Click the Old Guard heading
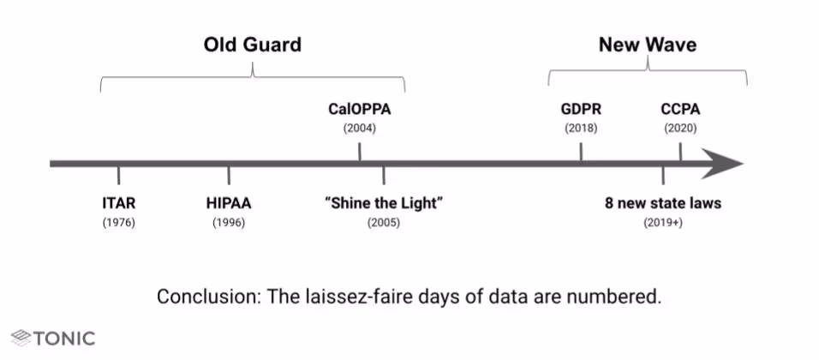tap(253, 45)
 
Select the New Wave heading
tap(647, 45)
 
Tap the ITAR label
tap(119, 204)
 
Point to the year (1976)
tap(119, 223)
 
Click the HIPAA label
tap(229, 204)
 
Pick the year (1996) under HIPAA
tap(229, 223)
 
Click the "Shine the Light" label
tap(383, 204)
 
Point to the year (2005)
tap(383, 223)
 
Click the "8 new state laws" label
tap(663, 204)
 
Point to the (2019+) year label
tap(663, 223)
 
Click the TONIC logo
tap(53, 339)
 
